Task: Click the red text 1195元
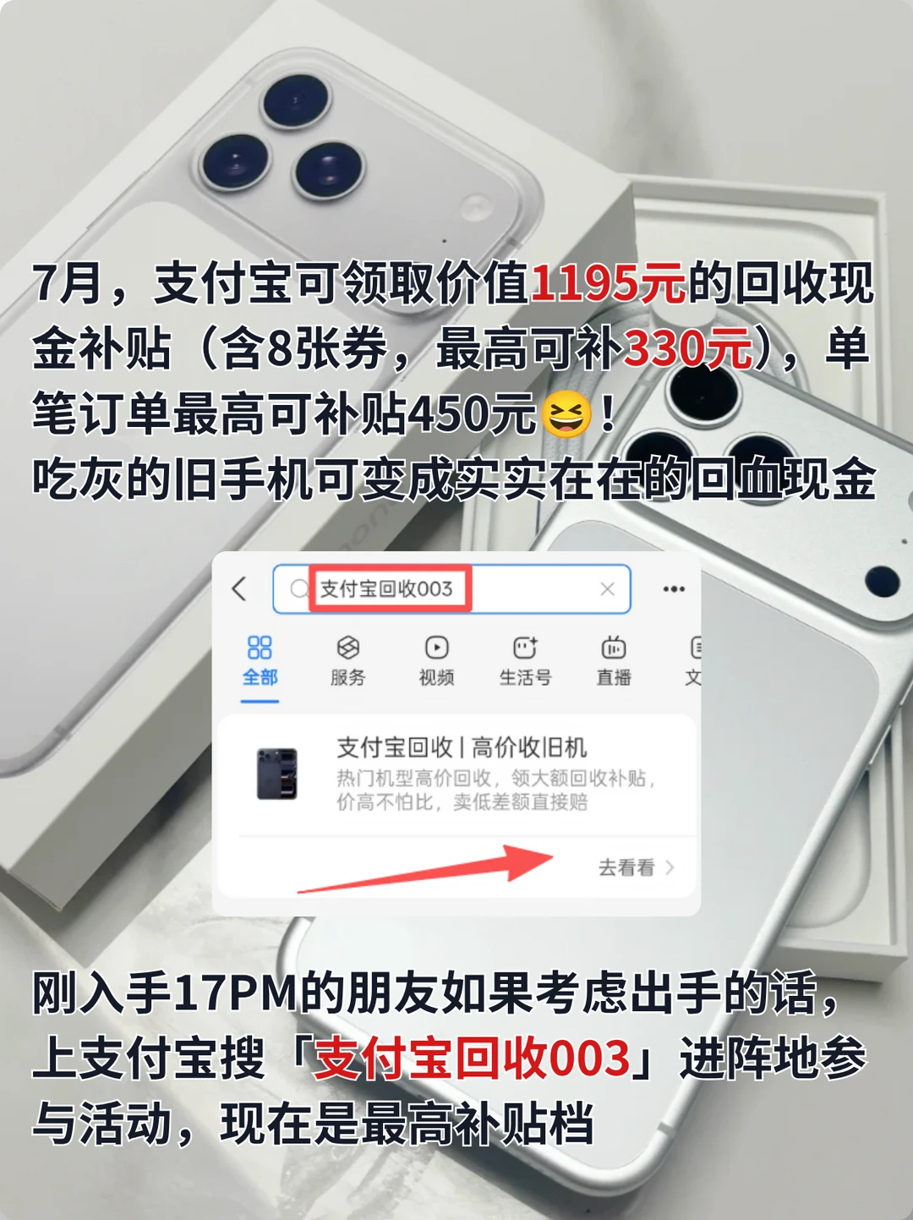point(608,284)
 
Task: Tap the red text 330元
point(687,349)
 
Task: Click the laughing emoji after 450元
point(566,414)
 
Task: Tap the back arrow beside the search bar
point(239,588)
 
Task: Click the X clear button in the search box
point(607,588)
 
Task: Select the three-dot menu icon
point(674,588)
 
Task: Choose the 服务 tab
point(347,661)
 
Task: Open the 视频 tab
point(436,661)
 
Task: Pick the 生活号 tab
point(525,661)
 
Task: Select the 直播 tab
point(614,661)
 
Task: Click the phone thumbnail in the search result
point(276,774)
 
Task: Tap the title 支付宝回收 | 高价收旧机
point(462,748)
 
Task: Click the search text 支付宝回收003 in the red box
point(386,588)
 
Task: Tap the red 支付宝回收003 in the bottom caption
point(472,1058)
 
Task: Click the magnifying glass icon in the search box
point(299,588)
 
